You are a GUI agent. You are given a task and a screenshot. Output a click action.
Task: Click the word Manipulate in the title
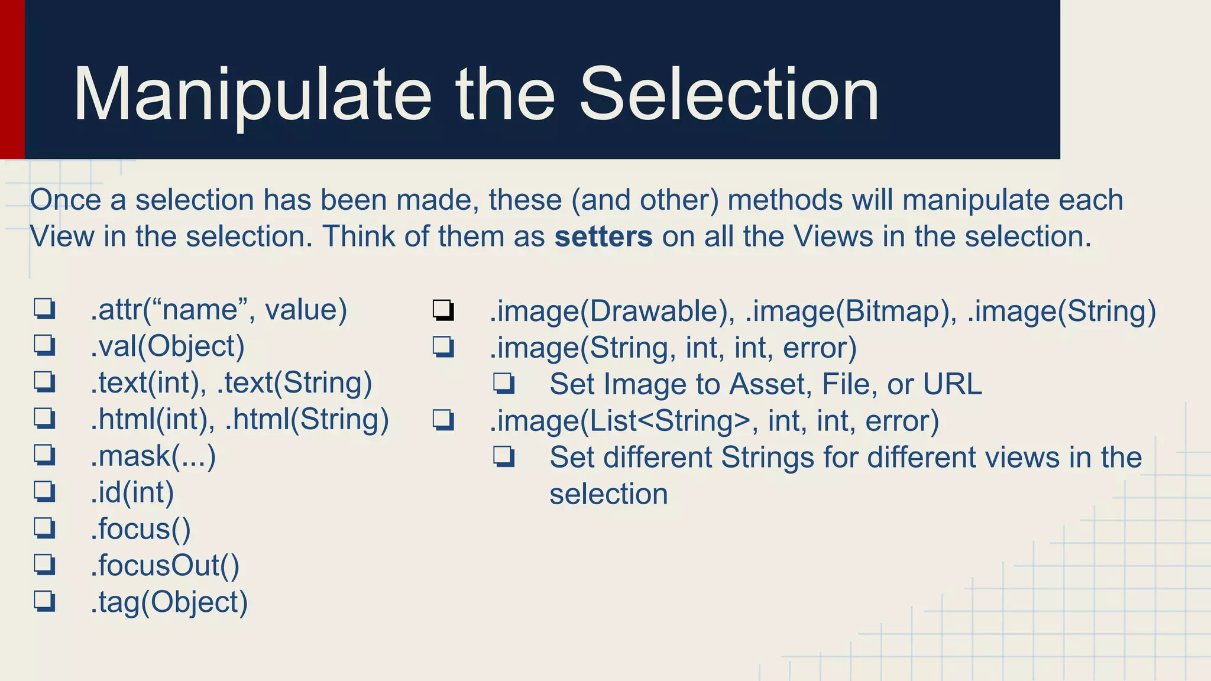coord(252,95)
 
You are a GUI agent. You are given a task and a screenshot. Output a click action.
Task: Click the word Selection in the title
coord(729,95)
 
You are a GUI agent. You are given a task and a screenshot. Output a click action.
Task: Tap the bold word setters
coord(603,236)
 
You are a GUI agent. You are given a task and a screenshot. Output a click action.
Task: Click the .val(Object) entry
coord(167,346)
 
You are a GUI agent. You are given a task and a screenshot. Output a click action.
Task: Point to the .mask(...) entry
coord(153,456)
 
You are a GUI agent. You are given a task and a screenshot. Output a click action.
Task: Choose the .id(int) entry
coord(132,493)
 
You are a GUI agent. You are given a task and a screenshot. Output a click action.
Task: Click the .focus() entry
coord(141,529)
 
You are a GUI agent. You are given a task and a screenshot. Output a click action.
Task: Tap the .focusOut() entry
coord(165,566)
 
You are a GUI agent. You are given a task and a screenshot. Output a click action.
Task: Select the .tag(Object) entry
coord(169,602)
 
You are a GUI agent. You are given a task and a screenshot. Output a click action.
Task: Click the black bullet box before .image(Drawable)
coord(443,310)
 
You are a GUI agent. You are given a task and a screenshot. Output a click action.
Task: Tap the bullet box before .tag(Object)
coord(45,601)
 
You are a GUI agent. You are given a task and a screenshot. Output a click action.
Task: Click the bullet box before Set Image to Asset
coord(504,384)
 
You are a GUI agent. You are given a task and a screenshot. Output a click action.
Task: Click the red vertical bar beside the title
coord(12,79)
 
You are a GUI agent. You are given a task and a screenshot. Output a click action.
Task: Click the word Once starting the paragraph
coord(66,200)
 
